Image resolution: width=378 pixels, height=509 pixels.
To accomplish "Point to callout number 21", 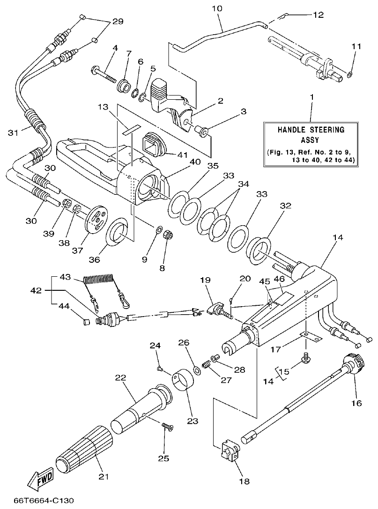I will point(103,477).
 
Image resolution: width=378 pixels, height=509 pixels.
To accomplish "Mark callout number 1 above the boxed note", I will point(311,97).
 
